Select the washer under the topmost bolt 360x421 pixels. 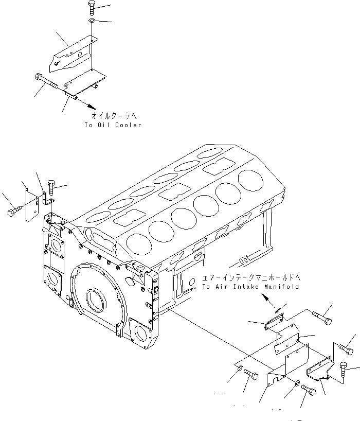pyautogui.click(x=91, y=21)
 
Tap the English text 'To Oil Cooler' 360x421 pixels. pyautogui.click(x=113, y=125)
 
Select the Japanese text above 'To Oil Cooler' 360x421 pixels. pyautogui.click(x=113, y=116)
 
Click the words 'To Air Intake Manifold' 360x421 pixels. pyautogui.click(x=250, y=287)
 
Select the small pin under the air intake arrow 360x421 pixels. pyautogui.click(x=278, y=310)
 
